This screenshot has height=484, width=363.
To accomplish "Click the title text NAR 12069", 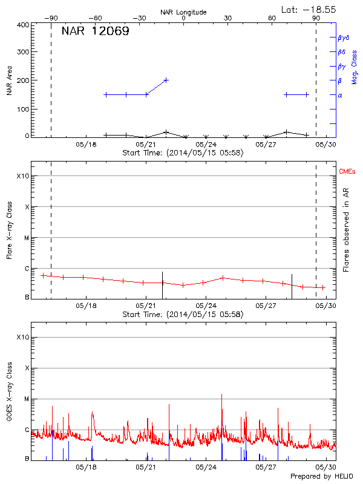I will coord(95,31).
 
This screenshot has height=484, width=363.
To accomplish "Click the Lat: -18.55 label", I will coord(308,8).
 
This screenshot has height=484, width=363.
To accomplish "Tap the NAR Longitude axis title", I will coord(183,12).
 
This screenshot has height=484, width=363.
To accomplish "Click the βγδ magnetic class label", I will coord(344,38).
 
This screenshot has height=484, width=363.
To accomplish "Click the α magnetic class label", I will coord(340,95).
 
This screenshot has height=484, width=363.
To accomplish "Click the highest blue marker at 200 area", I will coord(166,80).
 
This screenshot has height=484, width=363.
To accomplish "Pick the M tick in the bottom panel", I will coord(26,399).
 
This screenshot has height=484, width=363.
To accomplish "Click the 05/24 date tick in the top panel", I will coord(206,145).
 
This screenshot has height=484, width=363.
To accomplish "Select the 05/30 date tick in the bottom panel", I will coord(326,468).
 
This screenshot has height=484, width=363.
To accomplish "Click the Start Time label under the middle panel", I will coord(183,315).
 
